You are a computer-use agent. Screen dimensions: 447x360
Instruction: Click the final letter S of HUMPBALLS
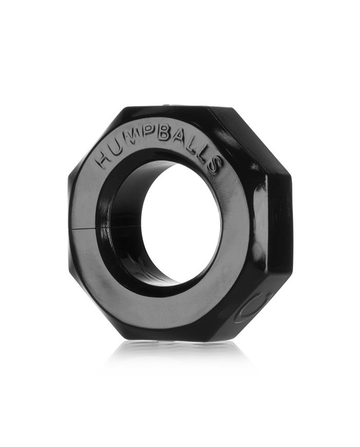215,166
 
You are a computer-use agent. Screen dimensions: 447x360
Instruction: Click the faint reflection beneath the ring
180,355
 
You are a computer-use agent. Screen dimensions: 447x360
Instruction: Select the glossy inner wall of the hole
123,226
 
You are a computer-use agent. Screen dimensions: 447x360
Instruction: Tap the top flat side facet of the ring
170,110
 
